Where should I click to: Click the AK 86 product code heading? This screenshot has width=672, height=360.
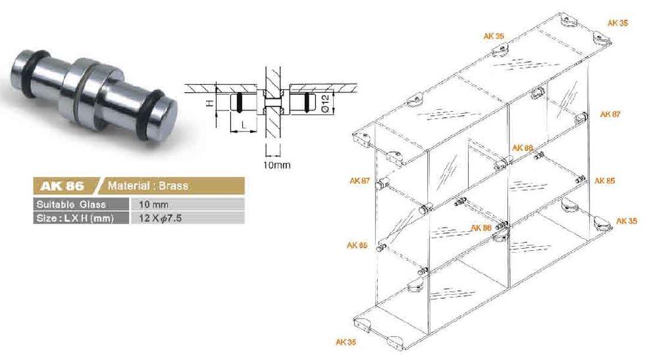point(62,186)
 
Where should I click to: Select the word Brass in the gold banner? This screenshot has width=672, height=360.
point(173,186)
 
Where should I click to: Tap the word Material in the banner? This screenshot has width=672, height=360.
point(128,186)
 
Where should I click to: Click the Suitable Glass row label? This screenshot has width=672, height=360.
point(70,205)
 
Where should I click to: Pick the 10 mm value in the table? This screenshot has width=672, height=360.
point(154,205)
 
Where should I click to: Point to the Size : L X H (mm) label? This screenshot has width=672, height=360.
point(75,218)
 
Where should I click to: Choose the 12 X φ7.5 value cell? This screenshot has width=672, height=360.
point(161,218)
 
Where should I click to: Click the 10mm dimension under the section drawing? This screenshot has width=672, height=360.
point(277,165)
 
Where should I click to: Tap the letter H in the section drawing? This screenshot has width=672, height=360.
point(210,103)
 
